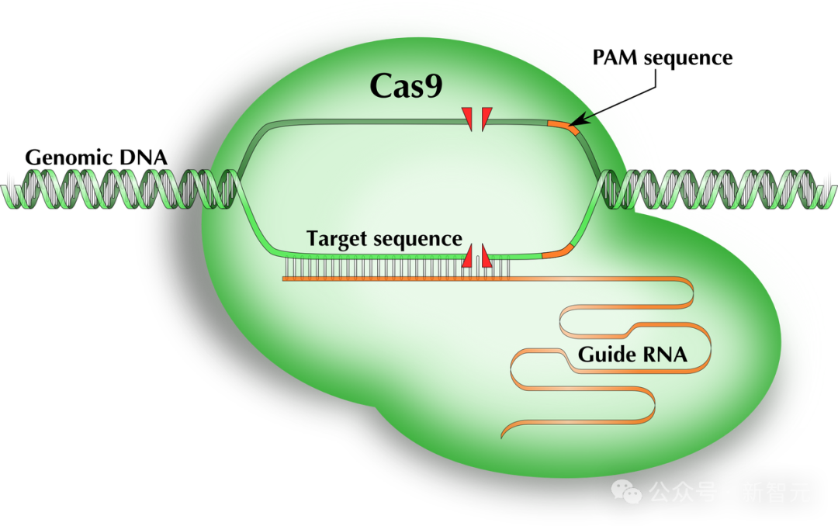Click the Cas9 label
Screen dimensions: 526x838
click(406, 86)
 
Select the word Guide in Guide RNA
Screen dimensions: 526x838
click(604, 355)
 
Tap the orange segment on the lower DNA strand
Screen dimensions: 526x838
click(557, 251)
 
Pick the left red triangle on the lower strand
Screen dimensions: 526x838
click(468, 258)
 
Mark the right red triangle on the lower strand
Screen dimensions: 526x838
click(487, 258)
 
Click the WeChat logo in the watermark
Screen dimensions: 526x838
click(626, 491)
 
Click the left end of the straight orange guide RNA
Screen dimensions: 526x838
click(284, 279)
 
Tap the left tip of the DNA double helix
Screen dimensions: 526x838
click(5, 189)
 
